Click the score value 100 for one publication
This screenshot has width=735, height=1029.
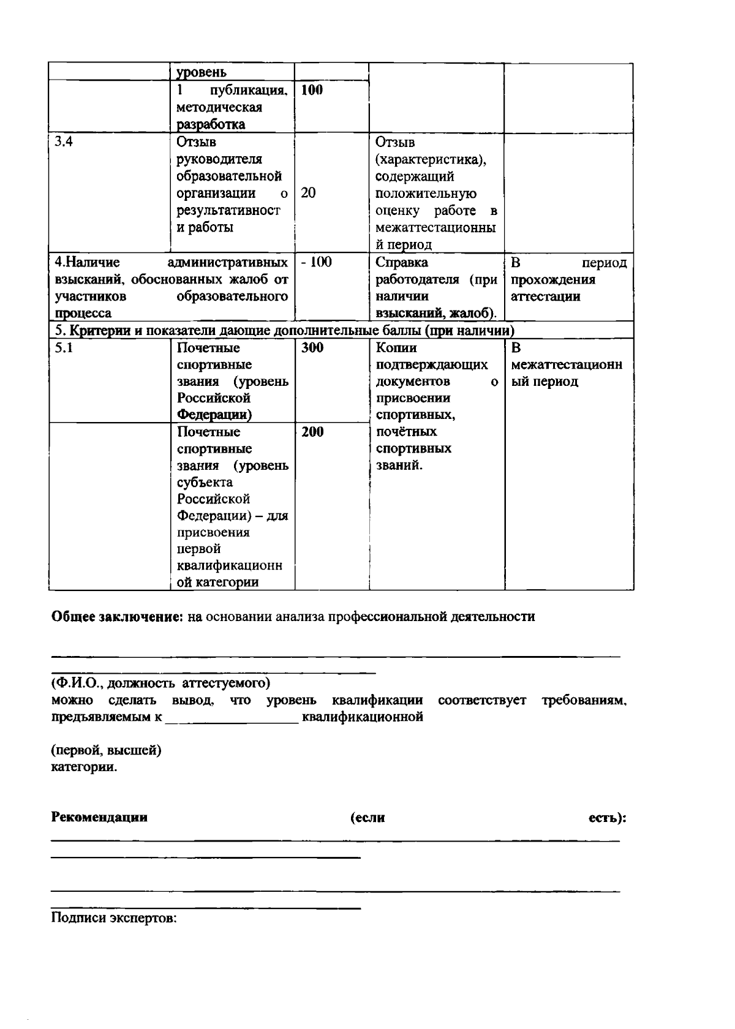coord(312,91)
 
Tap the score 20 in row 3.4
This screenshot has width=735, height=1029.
coord(309,193)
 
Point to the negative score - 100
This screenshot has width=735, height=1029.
coord(316,262)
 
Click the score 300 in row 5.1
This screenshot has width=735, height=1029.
coord(312,348)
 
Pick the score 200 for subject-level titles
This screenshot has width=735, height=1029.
coord(312,432)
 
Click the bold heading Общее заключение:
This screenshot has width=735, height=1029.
coord(117,617)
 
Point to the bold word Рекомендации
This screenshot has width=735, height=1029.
coord(99,817)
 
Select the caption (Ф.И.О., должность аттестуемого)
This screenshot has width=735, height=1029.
coord(160,682)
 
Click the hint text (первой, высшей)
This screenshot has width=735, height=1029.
coord(106,750)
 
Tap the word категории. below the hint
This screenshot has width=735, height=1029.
coord(84,767)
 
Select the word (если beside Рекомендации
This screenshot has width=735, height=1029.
coord(367,817)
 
